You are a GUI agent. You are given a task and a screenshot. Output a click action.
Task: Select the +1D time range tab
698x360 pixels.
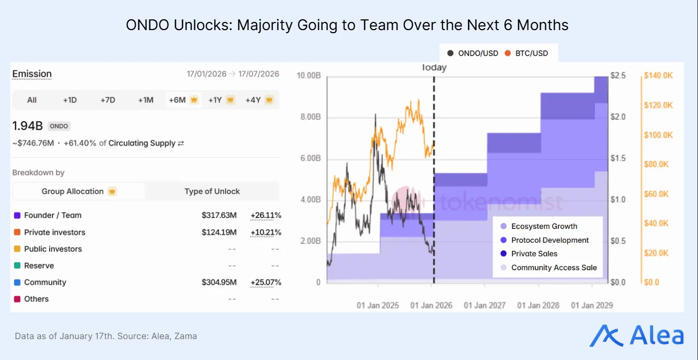(70, 100)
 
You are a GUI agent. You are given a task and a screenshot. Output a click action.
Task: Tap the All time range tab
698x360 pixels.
(32, 100)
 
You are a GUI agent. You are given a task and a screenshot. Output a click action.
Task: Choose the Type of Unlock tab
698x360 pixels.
(212, 191)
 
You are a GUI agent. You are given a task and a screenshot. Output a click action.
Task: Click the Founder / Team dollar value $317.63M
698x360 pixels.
(219, 215)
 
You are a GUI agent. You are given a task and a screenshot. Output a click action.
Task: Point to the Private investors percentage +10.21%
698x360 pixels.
(265, 232)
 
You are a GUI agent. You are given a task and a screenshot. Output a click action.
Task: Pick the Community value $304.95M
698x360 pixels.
(219, 282)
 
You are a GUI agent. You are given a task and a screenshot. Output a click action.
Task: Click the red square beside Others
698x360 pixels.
(17, 299)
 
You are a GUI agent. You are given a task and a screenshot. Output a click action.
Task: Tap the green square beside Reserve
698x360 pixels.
(17, 266)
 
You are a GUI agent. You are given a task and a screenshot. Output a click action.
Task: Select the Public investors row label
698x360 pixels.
(53, 249)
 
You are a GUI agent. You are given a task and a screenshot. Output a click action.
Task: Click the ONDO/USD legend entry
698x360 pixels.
(473, 53)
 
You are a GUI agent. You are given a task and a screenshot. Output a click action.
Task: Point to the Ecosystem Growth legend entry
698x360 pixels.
(544, 226)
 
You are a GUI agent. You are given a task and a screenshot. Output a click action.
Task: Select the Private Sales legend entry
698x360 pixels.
(534, 254)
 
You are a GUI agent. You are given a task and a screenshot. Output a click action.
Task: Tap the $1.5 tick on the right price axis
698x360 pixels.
(618, 158)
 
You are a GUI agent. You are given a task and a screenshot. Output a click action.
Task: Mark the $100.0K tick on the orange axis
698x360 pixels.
(658, 135)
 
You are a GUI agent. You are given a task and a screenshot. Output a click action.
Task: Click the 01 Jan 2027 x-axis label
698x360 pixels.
(484, 305)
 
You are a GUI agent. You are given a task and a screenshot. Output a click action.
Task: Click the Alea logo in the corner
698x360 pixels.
(636, 336)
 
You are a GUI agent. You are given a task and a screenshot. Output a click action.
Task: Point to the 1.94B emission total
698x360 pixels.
(27, 125)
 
